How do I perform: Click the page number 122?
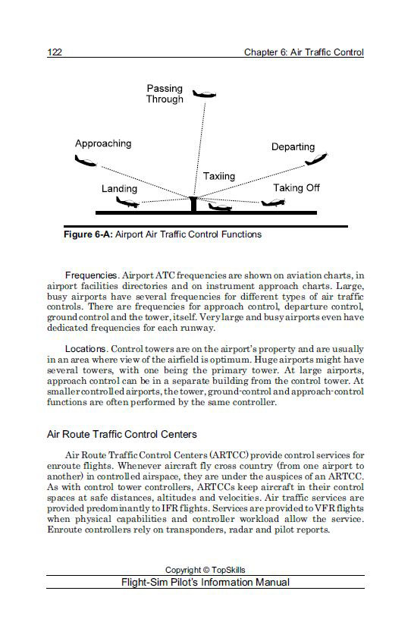[55, 52]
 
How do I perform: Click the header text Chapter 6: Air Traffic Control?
[303, 52]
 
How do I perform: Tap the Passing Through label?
[165, 94]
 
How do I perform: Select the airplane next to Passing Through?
[204, 93]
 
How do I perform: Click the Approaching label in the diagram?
[103, 143]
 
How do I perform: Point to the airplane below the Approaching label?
[86, 161]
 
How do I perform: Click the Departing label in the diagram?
[293, 146]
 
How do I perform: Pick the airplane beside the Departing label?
[315, 160]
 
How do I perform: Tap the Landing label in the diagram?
[119, 188]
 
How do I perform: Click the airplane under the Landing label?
[127, 203]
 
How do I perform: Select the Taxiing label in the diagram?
[219, 176]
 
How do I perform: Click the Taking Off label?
[296, 187]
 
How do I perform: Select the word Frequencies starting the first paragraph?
[90, 275]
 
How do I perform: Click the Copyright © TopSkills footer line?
[205, 570]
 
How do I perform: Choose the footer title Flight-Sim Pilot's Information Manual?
[205, 583]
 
